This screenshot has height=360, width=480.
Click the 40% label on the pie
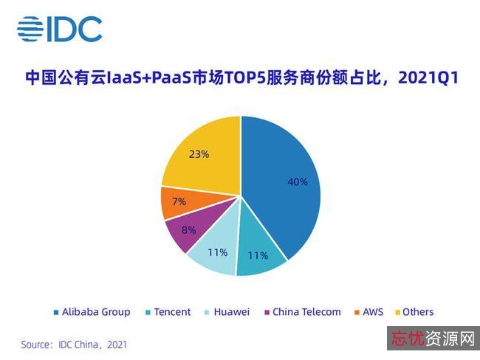(298, 181)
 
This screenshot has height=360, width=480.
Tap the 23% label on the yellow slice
(199, 154)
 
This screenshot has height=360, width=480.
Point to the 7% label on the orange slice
(179, 201)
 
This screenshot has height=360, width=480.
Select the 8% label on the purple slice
(188, 229)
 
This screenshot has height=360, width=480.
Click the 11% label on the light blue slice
(217, 252)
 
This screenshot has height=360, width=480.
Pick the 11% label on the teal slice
(258, 255)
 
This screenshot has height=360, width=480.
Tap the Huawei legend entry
(231, 312)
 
